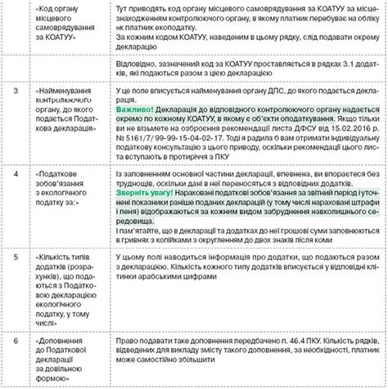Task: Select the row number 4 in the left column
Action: (16, 174)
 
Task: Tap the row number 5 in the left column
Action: (16, 257)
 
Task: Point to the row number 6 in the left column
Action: (16, 337)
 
